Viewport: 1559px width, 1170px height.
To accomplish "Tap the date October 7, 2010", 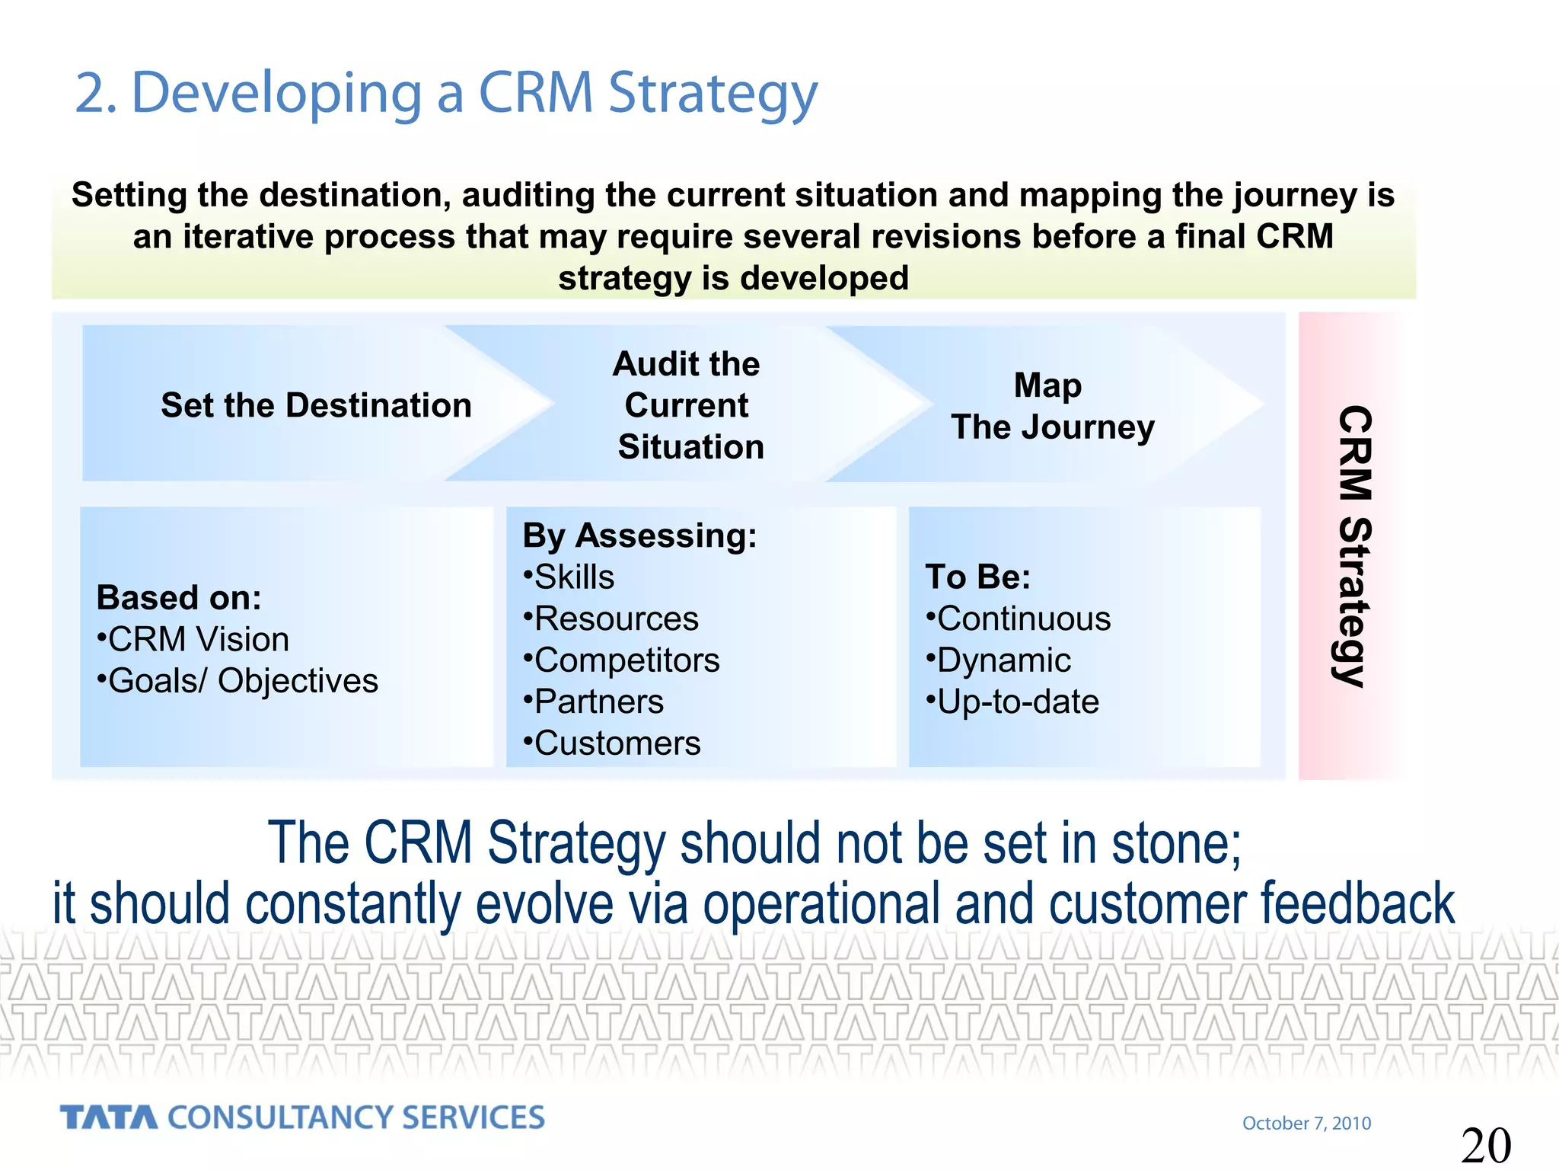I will [x=1306, y=1123].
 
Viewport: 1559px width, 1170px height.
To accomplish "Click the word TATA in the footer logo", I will [x=109, y=1117].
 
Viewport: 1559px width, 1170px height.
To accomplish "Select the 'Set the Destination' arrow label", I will [x=316, y=405].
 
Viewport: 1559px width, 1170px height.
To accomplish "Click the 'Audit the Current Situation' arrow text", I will [x=689, y=405].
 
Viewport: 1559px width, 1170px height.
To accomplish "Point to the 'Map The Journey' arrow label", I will [x=1052, y=407].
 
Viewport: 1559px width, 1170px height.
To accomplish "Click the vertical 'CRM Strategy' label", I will [x=1354, y=545].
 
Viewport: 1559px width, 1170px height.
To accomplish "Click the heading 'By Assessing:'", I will [x=639, y=535].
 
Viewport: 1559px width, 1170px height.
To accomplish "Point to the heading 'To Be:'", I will [x=977, y=577].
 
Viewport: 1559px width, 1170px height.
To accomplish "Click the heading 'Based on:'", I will [x=179, y=598].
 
